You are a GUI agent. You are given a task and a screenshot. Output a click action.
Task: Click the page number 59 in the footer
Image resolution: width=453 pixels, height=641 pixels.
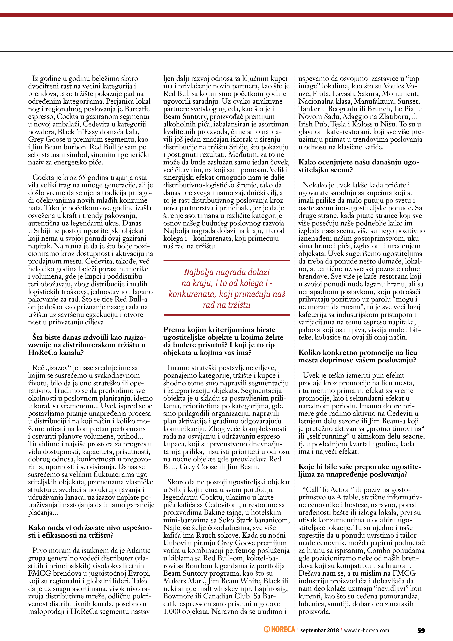coord(421,630)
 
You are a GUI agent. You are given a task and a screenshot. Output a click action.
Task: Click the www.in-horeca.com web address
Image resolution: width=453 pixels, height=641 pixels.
coord(366,630)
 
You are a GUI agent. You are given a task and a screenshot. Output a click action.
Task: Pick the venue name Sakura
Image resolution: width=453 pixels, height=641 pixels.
coord(366,94)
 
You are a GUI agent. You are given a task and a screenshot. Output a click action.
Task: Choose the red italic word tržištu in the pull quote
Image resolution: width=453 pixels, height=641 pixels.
coord(239,305)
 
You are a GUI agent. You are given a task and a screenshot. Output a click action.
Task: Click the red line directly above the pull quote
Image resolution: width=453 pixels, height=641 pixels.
coord(227,261)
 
